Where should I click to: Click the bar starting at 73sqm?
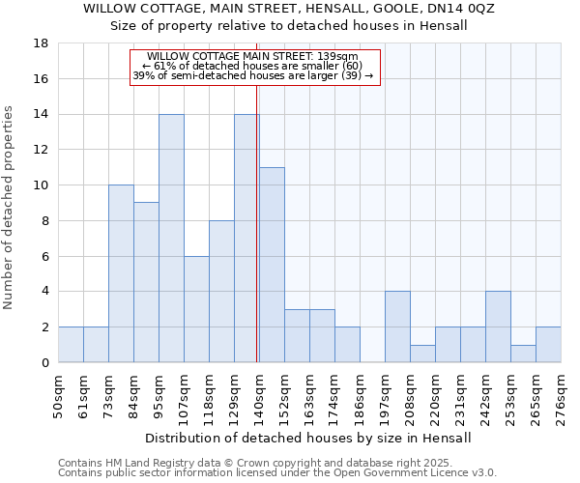(x=121, y=273)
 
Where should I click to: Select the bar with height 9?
(x=146, y=282)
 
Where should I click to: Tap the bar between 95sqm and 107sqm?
(x=171, y=239)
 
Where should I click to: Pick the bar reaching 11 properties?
(x=272, y=265)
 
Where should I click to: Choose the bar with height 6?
(x=196, y=309)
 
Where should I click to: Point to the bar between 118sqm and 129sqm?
(x=221, y=292)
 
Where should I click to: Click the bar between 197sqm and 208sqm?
(x=397, y=327)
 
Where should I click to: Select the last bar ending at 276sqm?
(x=548, y=345)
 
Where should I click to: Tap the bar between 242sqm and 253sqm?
(x=498, y=327)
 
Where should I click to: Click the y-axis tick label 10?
(x=42, y=185)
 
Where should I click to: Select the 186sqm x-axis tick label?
(x=360, y=396)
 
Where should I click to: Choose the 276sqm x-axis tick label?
(x=561, y=396)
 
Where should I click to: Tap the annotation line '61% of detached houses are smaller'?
(x=255, y=67)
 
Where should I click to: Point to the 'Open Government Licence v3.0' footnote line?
(x=277, y=473)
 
